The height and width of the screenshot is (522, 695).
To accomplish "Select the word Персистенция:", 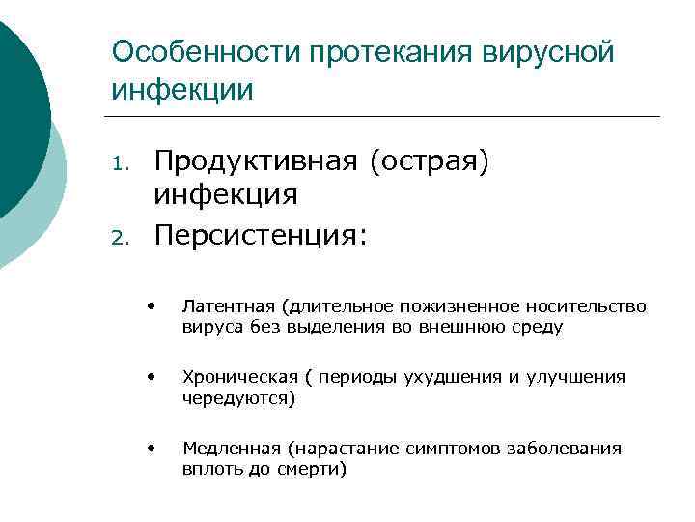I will click(x=261, y=235).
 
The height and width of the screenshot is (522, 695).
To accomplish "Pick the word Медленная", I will click(x=228, y=449).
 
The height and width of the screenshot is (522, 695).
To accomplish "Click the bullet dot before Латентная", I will click(x=152, y=305).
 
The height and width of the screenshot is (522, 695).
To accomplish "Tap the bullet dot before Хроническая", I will click(x=152, y=376).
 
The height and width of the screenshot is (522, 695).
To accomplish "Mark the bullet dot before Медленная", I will click(x=152, y=447).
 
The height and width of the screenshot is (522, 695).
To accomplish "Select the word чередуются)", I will click(x=239, y=398).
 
